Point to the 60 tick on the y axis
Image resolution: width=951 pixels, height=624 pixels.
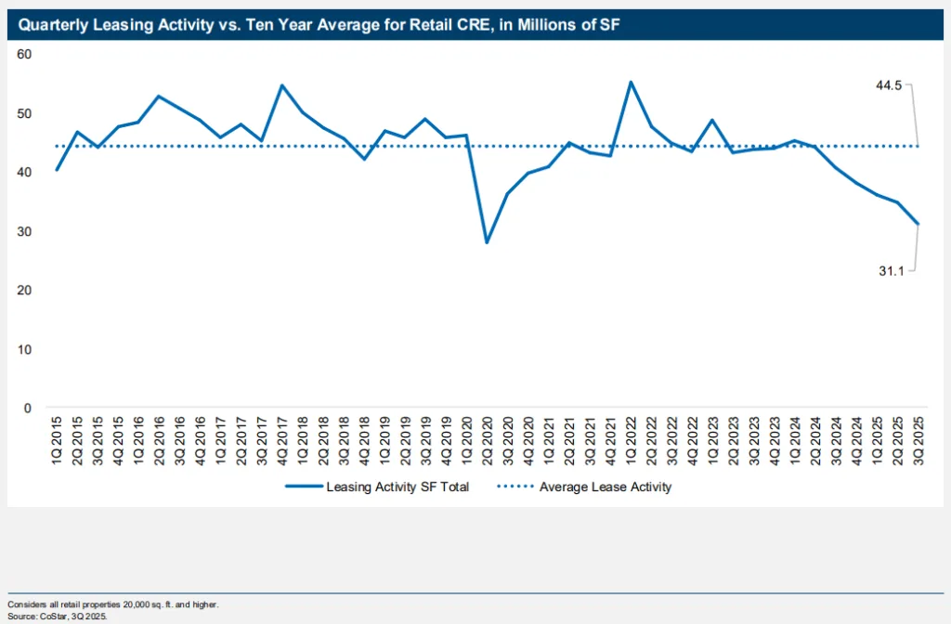point(24,54)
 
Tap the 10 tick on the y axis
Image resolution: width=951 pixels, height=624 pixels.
point(24,349)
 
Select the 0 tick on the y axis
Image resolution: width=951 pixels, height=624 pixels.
point(28,408)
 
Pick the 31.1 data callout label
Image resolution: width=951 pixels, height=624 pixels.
point(892,270)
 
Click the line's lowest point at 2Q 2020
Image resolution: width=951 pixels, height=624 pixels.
point(487,242)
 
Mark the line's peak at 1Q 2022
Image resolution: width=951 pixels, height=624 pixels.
point(632,82)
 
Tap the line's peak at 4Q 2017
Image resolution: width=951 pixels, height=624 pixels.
point(281,85)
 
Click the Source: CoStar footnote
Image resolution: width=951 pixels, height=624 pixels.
point(58,615)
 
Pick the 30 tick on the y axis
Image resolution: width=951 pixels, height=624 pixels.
point(24,231)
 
